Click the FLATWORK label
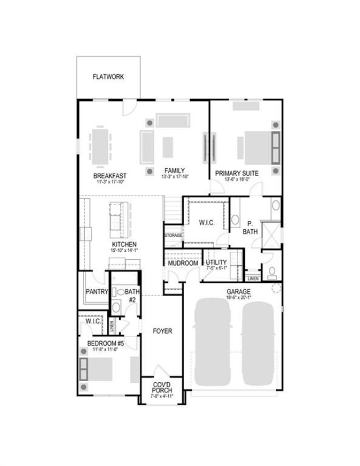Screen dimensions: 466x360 click(x=108, y=76)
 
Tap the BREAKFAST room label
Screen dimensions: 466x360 click(x=110, y=175)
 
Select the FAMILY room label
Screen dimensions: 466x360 click(x=175, y=171)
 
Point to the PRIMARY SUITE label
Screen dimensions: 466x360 click(x=237, y=174)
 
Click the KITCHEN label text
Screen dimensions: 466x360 click(x=124, y=245)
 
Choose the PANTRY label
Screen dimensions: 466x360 click(x=97, y=292)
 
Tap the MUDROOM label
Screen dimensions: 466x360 click(x=183, y=263)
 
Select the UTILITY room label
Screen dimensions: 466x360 click(x=216, y=263)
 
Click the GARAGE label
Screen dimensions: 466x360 click(x=238, y=292)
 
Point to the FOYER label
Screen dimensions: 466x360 click(x=163, y=331)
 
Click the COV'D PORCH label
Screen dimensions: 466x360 click(x=162, y=387)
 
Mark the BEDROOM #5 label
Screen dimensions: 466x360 click(x=105, y=343)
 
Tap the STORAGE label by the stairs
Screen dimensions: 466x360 click(x=173, y=236)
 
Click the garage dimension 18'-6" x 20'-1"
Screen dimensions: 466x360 click(x=238, y=298)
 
